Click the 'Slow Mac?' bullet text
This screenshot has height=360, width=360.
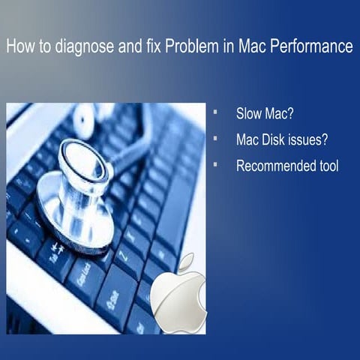pyautogui.click(x=264, y=116)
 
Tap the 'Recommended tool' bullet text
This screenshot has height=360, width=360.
pyautogui.click(x=287, y=166)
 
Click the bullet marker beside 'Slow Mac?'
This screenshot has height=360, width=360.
pyautogui.click(x=214, y=114)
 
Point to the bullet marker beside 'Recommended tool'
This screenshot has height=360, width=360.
pyautogui.click(x=214, y=163)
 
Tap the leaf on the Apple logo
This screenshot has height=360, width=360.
pyautogui.click(x=186, y=262)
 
